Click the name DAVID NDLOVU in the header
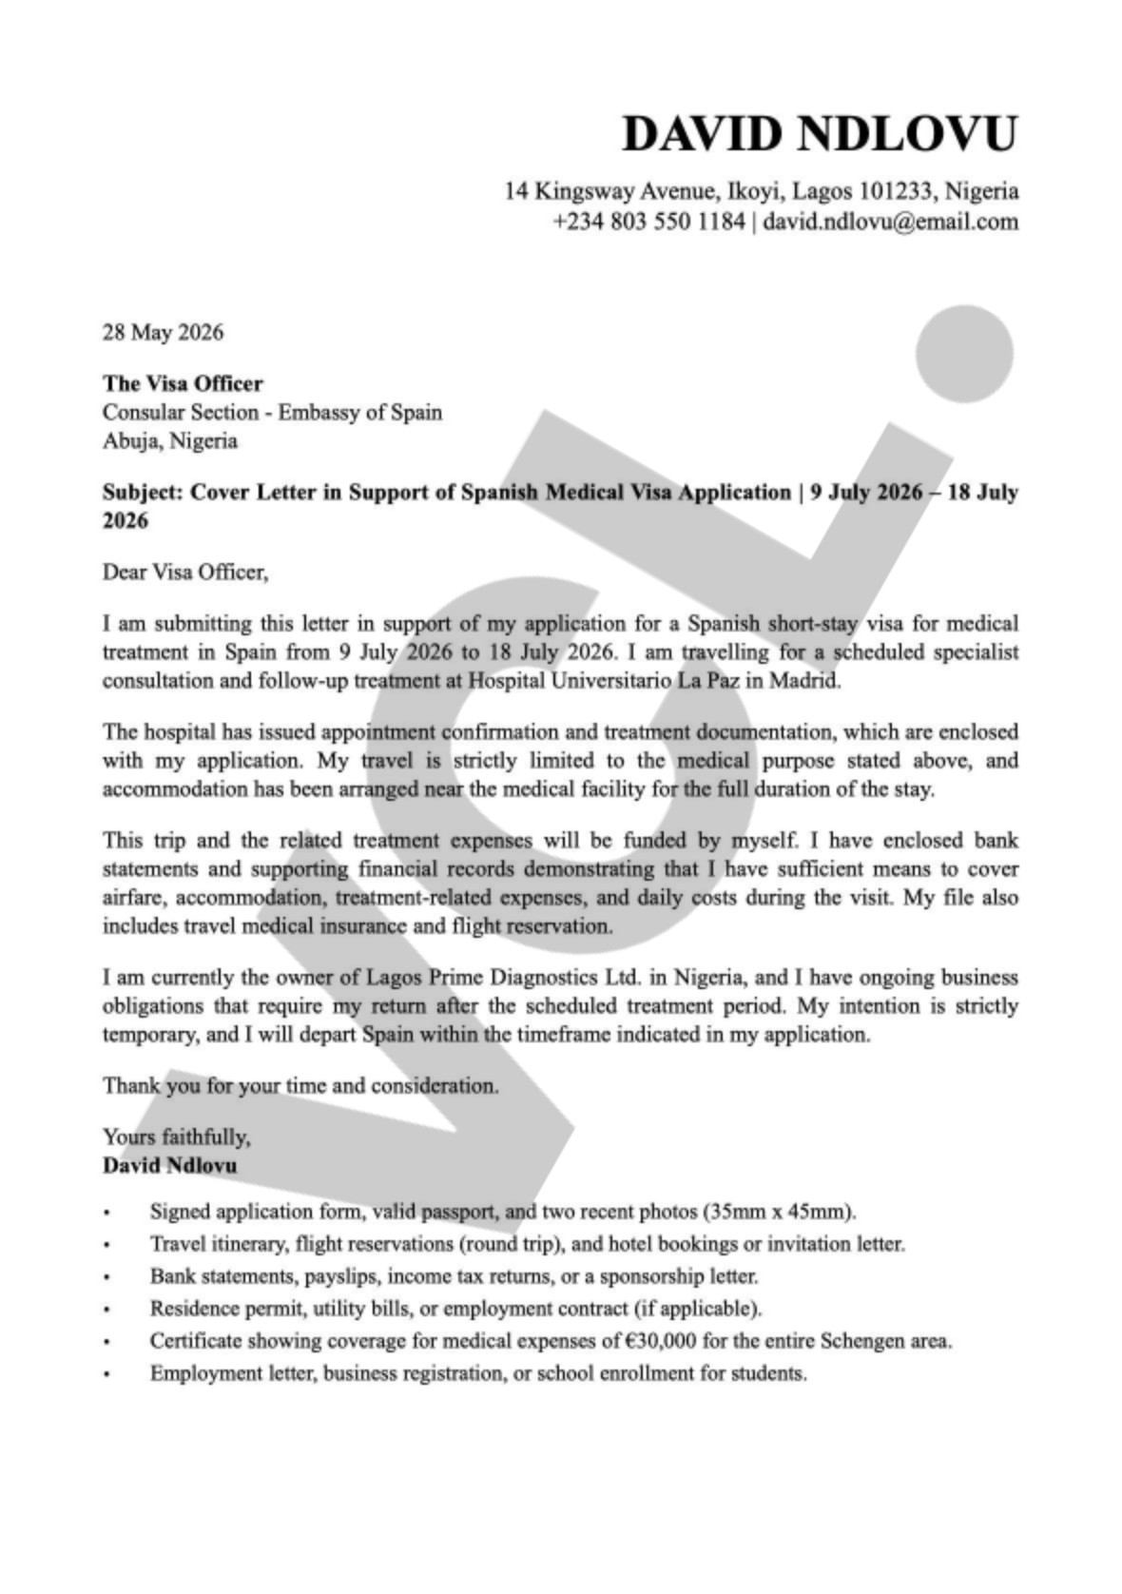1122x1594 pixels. (819, 133)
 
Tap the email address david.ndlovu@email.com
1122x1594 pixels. (890, 222)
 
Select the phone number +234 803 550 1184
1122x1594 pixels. (648, 222)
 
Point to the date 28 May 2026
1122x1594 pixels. (163, 332)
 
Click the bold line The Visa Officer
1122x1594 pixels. (183, 383)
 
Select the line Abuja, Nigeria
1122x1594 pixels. (169, 440)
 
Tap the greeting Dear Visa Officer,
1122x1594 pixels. (185, 572)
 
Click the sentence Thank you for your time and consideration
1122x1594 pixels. (300, 1085)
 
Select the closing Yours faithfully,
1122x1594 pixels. (176, 1137)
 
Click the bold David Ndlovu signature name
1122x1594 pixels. (170, 1165)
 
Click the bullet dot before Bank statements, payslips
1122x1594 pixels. (106, 1277)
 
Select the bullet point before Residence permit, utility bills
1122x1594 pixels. (106, 1310)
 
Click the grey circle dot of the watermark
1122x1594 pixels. (963, 354)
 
